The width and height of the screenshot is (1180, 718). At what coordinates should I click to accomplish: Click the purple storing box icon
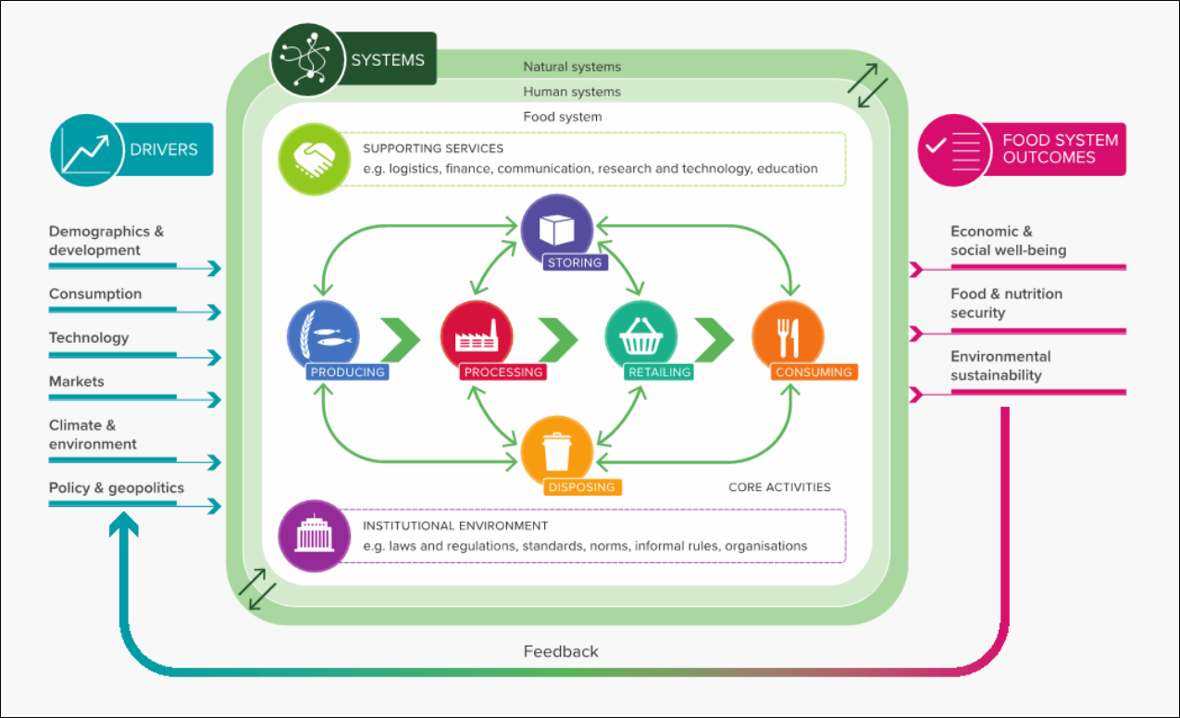556,229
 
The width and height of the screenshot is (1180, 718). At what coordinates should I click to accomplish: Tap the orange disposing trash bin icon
556,451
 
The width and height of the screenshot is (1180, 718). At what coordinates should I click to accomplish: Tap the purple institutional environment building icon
314,536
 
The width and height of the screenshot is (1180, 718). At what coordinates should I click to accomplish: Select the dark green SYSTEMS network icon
306,61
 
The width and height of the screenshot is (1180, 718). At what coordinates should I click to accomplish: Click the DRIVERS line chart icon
86,149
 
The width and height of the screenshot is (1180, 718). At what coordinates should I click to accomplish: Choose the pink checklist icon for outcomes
952,149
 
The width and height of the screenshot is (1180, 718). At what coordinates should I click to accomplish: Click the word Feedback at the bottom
561,651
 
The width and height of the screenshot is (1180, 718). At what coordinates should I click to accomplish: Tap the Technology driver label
89,338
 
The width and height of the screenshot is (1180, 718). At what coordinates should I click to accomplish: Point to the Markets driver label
77,382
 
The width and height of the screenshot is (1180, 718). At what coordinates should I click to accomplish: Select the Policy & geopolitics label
117,488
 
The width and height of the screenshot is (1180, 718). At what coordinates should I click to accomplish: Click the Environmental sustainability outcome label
1000,366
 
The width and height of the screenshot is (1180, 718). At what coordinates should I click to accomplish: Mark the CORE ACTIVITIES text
779,487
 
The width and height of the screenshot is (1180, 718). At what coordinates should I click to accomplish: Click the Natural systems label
572,67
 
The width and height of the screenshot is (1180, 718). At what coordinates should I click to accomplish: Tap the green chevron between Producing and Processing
400,340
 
